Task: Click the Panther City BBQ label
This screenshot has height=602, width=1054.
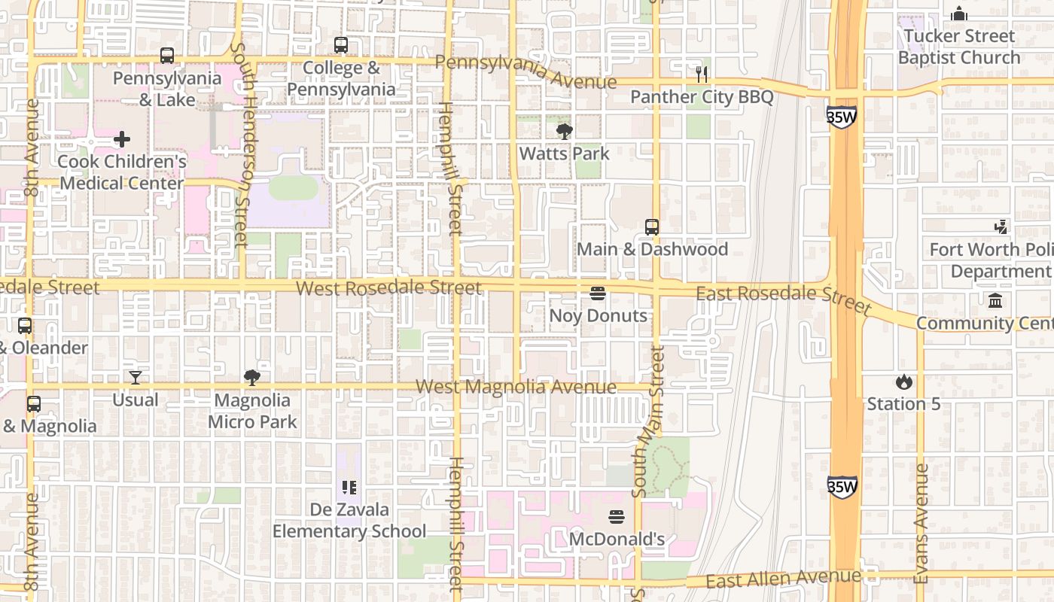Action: (x=702, y=96)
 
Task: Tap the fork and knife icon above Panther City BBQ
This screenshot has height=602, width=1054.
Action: (x=702, y=74)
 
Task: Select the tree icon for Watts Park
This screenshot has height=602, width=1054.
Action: (x=564, y=132)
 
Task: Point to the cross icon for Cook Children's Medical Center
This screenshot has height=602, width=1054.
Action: (x=122, y=139)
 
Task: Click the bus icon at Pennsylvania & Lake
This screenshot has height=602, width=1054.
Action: (x=167, y=56)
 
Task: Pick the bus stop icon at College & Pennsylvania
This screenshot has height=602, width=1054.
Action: (x=341, y=45)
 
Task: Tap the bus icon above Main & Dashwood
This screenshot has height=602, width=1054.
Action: (x=652, y=227)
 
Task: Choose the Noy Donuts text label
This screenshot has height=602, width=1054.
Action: (x=598, y=315)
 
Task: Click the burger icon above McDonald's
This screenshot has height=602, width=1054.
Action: (x=617, y=517)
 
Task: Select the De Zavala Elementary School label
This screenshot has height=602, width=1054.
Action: (x=349, y=521)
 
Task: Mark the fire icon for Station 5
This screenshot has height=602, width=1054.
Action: (x=903, y=382)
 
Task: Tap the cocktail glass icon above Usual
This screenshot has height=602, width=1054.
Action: (x=136, y=378)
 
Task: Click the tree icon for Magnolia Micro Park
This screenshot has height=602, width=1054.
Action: (x=252, y=378)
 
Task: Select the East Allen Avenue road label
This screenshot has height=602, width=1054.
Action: (x=783, y=579)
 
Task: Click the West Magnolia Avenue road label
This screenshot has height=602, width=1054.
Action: (x=516, y=387)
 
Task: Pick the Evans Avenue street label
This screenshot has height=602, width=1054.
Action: (x=921, y=523)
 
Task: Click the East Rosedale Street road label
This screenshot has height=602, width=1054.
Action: (x=783, y=297)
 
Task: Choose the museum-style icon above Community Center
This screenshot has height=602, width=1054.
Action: (x=995, y=301)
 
